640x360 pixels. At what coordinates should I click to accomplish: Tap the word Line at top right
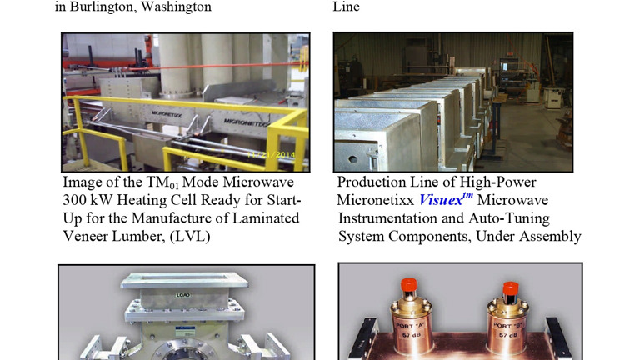click(347, 7)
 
